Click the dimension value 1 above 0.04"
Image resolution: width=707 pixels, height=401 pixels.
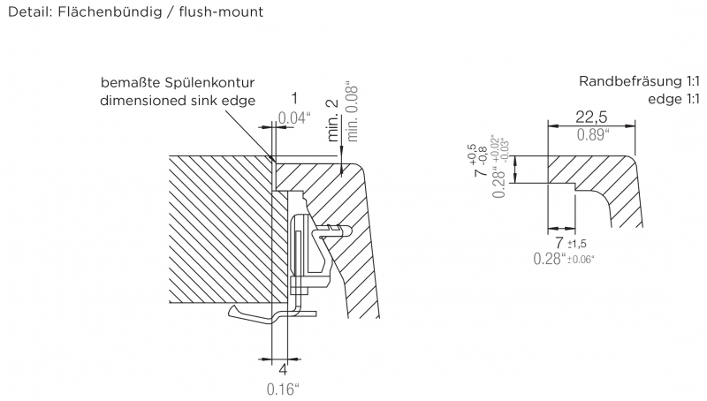(294, 99)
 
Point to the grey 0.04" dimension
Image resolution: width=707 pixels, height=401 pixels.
(295, 117)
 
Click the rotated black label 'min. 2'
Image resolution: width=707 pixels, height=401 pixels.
(332, 121)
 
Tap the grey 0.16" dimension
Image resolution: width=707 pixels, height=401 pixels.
(284, 387)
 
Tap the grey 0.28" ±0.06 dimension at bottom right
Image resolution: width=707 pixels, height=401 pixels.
(563, 259)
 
